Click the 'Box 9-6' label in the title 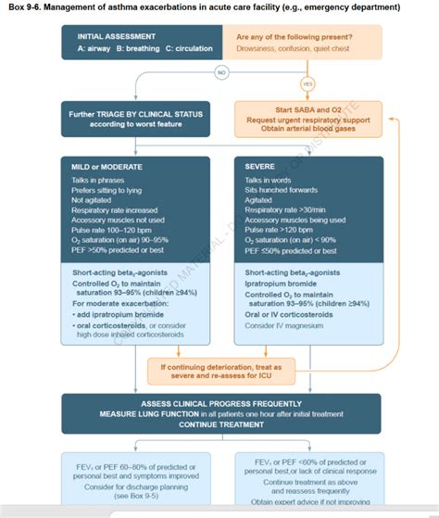29,7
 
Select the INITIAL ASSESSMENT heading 117,37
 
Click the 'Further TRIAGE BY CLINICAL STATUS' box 140,120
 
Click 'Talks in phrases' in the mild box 98,180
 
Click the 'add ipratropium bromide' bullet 115,314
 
